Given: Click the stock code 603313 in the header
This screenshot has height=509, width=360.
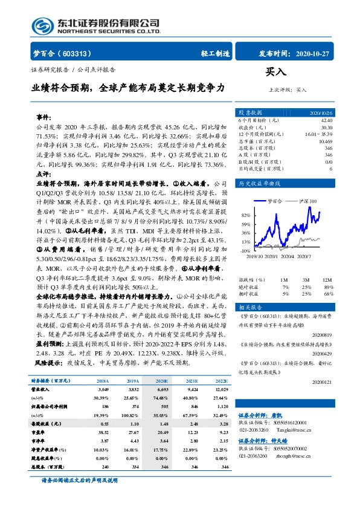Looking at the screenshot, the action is [72, 53].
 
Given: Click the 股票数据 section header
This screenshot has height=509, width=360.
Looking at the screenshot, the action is [249, 112].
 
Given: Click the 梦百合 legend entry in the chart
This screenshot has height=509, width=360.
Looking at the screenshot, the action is [271, 199].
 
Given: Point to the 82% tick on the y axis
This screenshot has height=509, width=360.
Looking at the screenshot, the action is [245, 215].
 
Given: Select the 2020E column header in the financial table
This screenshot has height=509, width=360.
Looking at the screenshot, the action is [160, 381].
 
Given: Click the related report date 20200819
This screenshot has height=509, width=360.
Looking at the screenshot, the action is [321, 334].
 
